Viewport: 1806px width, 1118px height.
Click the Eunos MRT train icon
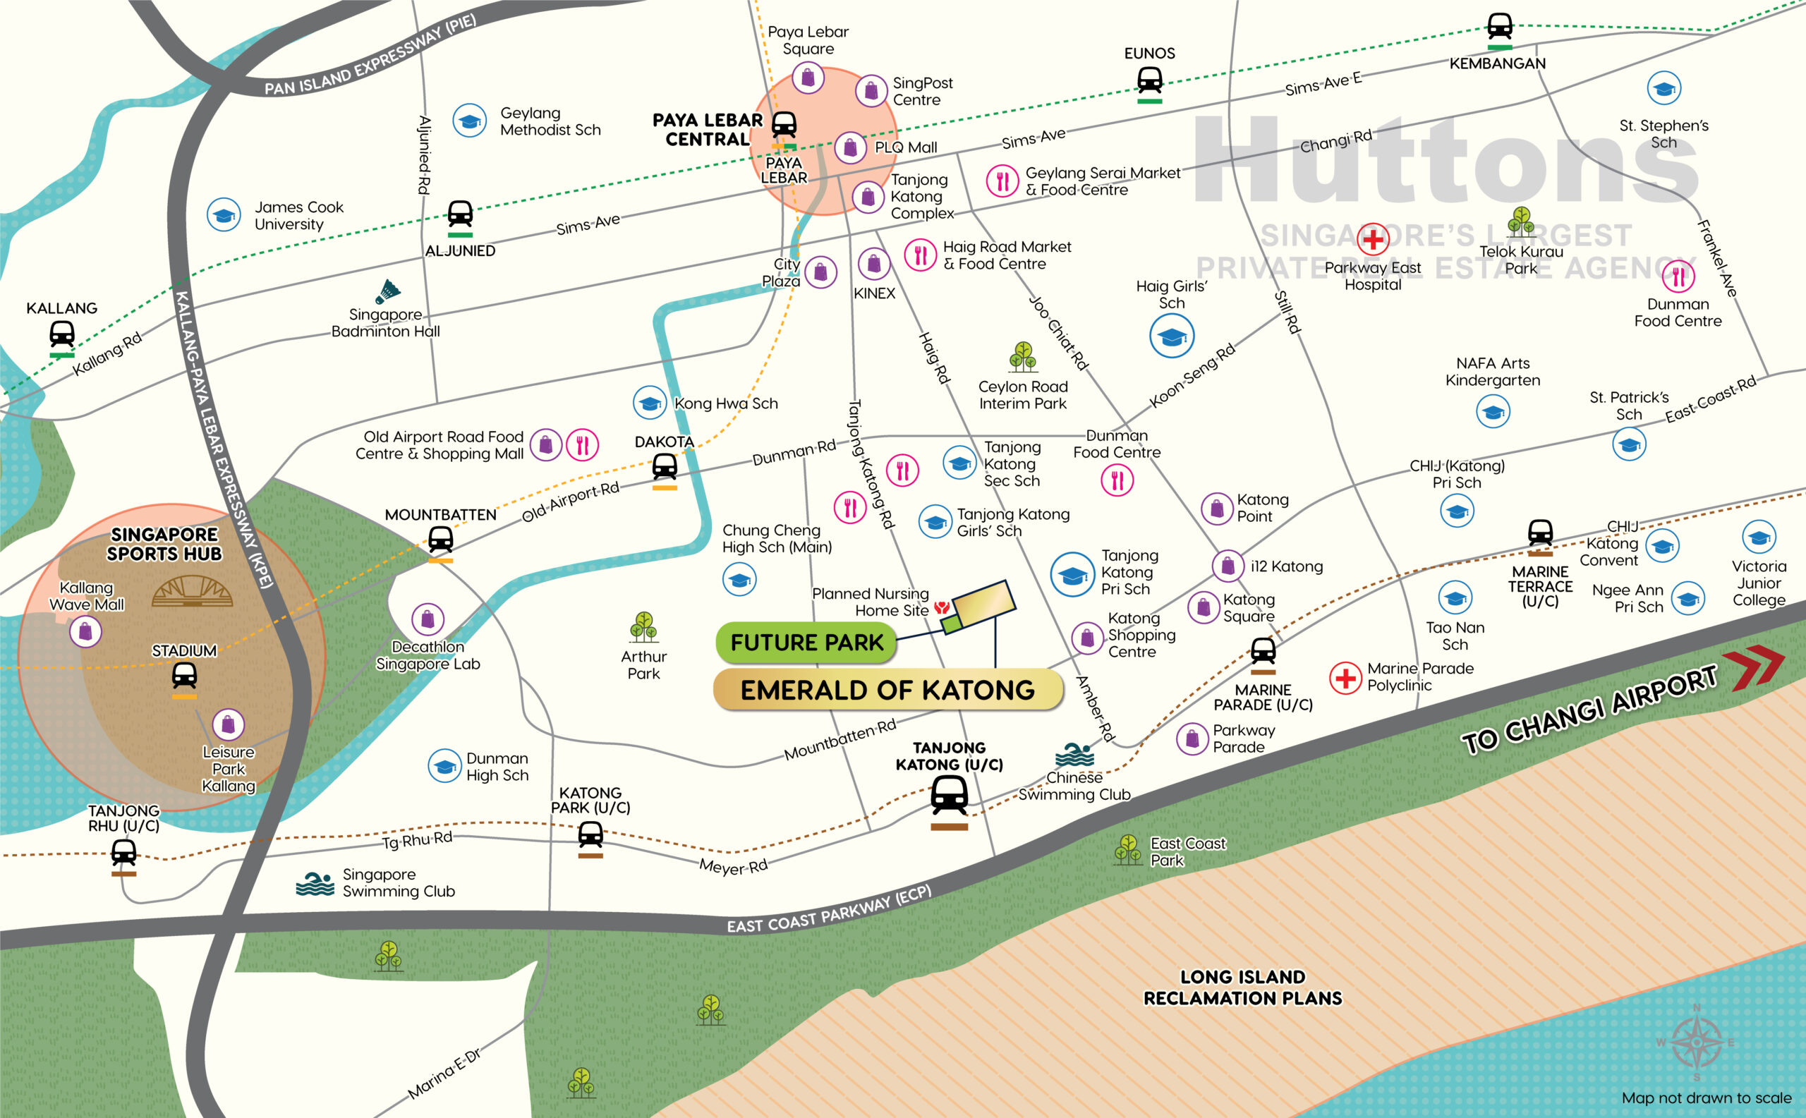1149,79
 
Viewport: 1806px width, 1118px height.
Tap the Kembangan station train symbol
1499,27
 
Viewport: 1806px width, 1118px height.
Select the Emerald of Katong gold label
887,690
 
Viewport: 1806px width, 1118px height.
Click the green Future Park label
806,642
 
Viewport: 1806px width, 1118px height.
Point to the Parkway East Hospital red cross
1373,239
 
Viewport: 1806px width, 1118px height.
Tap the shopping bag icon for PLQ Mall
851,148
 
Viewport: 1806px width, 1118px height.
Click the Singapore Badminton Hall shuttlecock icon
387,292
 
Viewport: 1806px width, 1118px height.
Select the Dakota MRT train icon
664,466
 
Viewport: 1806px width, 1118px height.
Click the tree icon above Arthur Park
643,626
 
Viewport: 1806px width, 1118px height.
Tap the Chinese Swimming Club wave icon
1074,755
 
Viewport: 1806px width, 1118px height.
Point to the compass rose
1697,1043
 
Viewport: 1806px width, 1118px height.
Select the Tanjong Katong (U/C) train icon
949,796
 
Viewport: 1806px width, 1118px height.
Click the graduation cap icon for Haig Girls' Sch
1172,336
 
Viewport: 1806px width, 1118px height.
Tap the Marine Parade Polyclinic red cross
1345,677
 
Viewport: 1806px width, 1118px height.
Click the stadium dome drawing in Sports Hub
193,592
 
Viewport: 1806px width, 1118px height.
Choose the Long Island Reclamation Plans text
1242,987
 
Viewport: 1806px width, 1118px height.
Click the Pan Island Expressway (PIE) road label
370,56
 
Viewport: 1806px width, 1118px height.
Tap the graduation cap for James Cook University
224,215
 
